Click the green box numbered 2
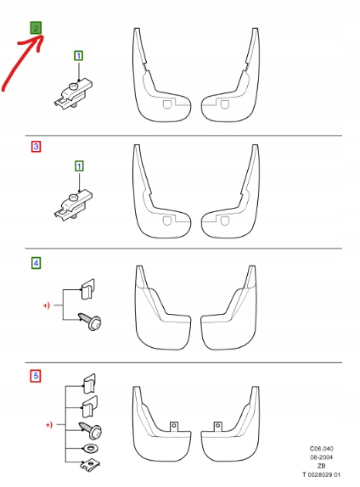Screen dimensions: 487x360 tap(36, 27)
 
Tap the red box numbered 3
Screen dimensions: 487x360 tap(36, 147)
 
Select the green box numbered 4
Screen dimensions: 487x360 tap(36, 263)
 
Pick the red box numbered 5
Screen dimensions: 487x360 tap(36, 375)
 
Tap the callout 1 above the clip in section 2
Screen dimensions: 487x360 tap(79, 55)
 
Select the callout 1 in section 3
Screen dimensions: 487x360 tap(79, 168)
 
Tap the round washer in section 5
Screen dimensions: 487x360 tap(87, 446)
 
